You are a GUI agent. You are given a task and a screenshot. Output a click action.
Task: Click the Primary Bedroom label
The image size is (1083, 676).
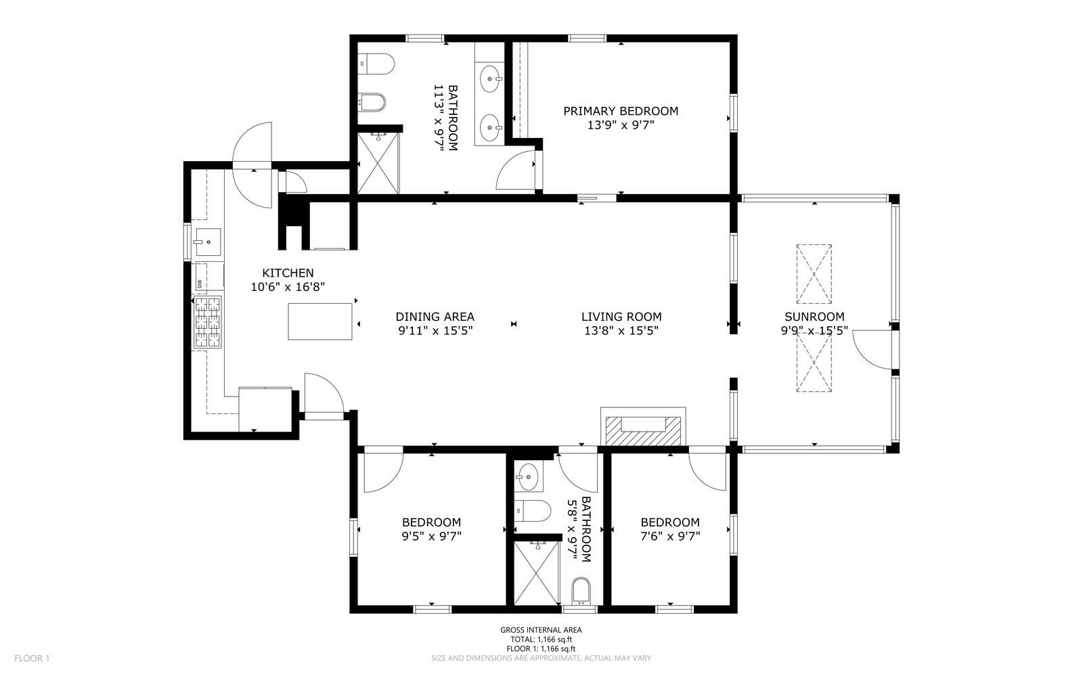621,111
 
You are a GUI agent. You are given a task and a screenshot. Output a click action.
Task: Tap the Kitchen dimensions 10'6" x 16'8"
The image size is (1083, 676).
288,287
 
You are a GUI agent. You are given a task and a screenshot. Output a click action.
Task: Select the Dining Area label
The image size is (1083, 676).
435,317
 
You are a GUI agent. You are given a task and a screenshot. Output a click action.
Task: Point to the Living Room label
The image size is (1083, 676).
621,317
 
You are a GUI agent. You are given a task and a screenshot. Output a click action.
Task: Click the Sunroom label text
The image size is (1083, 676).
814,317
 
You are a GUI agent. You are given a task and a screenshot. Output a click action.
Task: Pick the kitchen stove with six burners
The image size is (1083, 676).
208,322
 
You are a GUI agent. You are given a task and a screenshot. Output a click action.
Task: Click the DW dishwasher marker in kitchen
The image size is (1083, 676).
199,284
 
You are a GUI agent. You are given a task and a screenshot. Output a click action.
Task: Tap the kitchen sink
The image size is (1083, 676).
208,242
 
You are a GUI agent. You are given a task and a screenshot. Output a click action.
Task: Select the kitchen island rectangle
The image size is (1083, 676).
320,321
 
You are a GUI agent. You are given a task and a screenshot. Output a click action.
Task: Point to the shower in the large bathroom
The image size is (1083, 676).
378,163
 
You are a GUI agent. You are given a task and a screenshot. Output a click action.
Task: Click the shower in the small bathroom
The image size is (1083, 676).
536,572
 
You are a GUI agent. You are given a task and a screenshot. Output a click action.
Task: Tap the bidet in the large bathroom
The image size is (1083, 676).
372,102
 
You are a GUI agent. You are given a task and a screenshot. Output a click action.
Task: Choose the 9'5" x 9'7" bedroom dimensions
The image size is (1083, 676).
432,536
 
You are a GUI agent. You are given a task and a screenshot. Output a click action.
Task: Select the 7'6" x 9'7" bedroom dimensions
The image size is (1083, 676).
670,536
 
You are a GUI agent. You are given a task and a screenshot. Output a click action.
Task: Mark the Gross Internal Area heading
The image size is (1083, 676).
541,630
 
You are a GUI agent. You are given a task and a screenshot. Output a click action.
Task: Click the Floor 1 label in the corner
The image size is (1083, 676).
32,658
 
